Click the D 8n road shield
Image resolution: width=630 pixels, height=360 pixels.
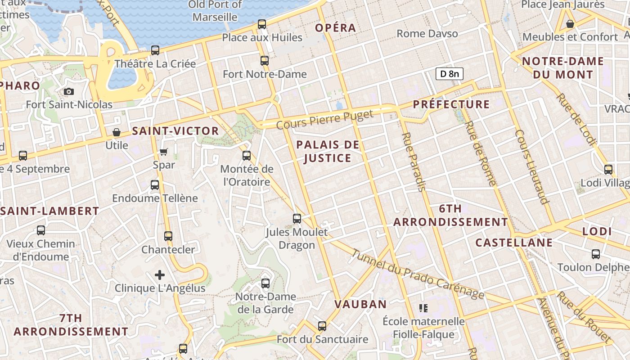click(x=449, y=74)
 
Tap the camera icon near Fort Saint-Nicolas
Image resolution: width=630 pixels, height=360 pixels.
click(x=69, y=91)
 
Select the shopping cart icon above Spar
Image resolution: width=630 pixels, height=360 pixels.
click(x=164, y=152)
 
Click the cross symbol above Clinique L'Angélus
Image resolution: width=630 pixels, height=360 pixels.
click(x=160, y=274)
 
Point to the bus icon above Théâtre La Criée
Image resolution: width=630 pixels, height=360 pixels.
click(x=155, y=50)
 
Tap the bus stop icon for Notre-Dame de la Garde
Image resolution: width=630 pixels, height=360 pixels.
click(x=265, y=283)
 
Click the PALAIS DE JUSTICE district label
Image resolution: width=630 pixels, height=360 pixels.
click(x=328, y=151)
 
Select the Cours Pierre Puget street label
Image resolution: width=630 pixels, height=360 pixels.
click(x=325, y=119)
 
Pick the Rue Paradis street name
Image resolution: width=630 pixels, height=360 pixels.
click(x=413, y=162)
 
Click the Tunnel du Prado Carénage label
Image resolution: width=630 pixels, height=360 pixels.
click(x=418, y=274)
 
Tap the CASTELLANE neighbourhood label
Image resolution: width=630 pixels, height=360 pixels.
click(x=514, y=243)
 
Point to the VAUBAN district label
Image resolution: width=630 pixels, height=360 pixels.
click(x=360, y=304)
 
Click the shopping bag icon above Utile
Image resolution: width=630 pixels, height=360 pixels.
click(x=117, y=132)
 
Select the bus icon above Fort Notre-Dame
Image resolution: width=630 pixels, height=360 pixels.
click(x=265, y=60)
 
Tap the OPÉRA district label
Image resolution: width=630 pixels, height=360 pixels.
click(x=335, y=28)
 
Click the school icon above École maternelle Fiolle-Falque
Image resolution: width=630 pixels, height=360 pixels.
click(x=423, y=308)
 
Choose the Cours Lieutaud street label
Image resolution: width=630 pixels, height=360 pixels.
click(x=532, y=167)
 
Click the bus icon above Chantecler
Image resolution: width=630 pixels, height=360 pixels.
click(x=168, y=236)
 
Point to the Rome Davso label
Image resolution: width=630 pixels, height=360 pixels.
click(x=427, y=34)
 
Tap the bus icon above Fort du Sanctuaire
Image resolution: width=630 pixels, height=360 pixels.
click(x=322, y=326)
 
